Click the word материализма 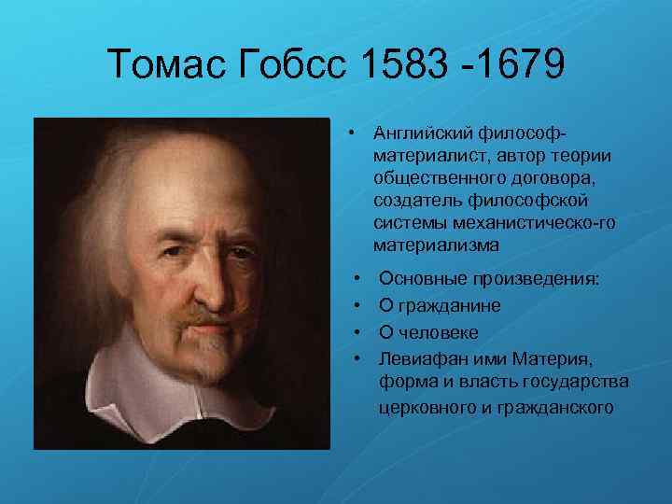pyautogui.click(x=436, y=245)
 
